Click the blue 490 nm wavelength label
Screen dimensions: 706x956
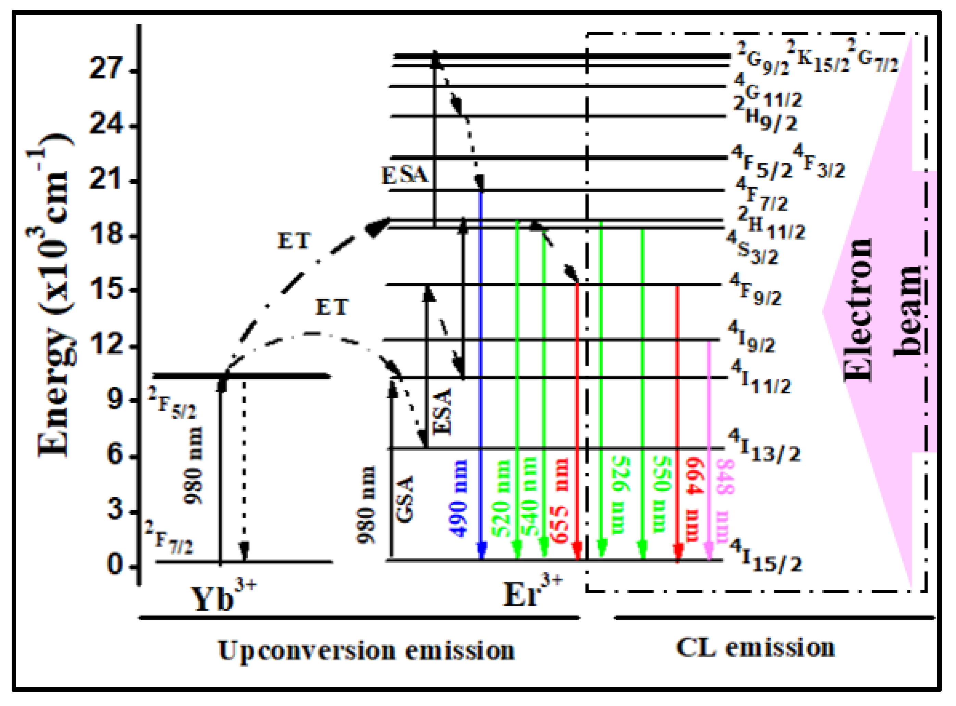click(458, 498)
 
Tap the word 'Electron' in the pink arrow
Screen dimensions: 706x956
click(858, 310)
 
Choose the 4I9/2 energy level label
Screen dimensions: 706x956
click(751, 338)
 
